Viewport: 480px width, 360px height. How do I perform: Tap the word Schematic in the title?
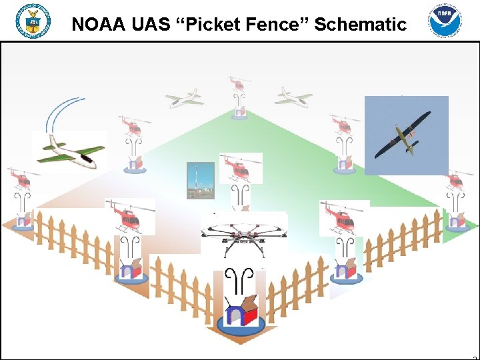(361, 25)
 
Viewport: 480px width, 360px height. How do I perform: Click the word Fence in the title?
(280, 25)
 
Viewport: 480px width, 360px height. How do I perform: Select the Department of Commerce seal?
(33, 21)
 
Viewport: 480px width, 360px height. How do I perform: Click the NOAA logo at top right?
(445, 21)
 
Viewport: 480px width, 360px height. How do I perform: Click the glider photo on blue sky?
(406, 135)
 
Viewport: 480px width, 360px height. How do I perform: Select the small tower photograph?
(200, 180)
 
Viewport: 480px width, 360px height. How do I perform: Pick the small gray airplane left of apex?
(184, 98)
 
